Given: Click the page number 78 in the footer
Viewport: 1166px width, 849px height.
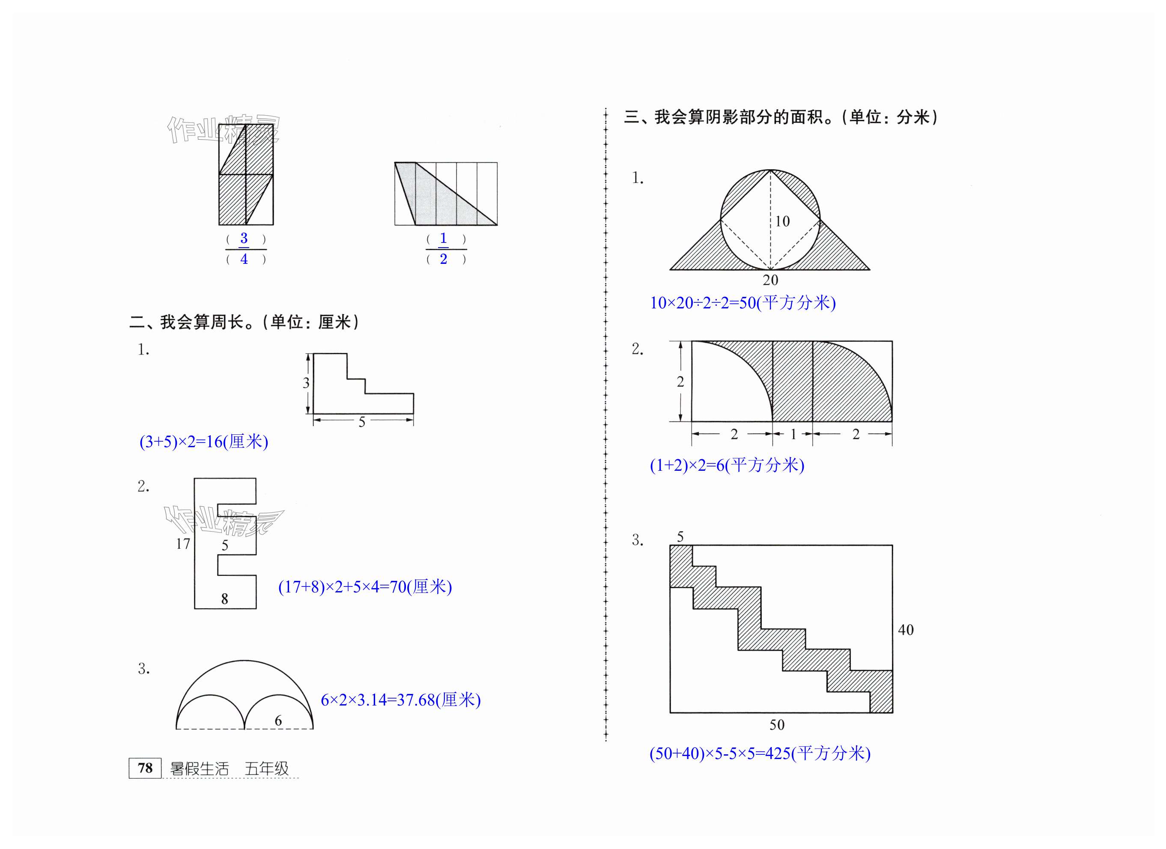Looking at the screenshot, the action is tap(145, 768).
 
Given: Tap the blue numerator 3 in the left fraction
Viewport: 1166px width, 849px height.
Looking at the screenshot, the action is tap(244, 238).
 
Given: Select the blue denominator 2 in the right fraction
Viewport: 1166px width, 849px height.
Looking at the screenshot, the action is tap(443, 259).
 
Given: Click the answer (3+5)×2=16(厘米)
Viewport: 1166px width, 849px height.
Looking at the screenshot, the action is tap(203, 442).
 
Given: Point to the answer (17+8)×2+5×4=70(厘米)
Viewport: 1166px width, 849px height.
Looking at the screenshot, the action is tap(364, 587).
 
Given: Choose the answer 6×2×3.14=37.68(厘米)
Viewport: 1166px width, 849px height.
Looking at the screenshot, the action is tap(400, 700).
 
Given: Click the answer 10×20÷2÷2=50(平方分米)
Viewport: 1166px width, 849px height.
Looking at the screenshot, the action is tap(743, 303).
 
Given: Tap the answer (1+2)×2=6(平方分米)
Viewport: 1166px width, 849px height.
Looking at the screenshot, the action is tap(726, 465).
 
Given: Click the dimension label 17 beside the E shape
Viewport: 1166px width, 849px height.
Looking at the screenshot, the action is tap(183, 544).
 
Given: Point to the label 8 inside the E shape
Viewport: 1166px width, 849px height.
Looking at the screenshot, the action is tap(225, 598).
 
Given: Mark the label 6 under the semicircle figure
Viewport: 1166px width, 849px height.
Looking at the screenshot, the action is tap(278, 721).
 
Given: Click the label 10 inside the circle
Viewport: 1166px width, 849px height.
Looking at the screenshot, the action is tap(782, 221).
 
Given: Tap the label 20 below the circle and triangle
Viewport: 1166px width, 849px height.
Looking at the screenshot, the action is tap(770, 280).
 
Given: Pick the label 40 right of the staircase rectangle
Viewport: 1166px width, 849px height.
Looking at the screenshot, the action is tap(906, 630).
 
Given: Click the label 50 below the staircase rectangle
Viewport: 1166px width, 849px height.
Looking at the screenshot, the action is tap(777, 725).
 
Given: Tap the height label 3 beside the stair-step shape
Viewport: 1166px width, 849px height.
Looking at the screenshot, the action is tap(306, 383).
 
